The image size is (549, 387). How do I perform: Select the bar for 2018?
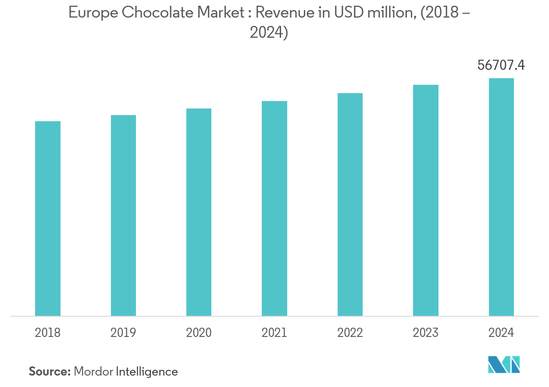click(48, 218)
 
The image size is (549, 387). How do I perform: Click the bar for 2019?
click(123, 215)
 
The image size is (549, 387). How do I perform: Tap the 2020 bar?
click(199, 212)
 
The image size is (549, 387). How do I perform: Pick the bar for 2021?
click(274, 208)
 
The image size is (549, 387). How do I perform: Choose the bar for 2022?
click(350, 204)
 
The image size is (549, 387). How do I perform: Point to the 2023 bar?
click(426, 200)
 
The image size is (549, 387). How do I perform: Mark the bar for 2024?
click(501, 197)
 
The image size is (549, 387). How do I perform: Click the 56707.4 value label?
click(501, 65)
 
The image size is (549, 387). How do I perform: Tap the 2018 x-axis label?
click(48, 333)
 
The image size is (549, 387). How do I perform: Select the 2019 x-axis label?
click(123, 333)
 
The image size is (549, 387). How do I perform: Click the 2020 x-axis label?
click(199, 333)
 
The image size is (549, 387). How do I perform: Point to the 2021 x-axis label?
click(274, 333)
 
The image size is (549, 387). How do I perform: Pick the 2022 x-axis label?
click(350, 333)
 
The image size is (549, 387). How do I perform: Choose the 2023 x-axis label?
click(426, 333)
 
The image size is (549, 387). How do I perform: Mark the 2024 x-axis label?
click(501, 333)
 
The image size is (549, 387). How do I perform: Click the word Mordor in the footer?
click(93, 372)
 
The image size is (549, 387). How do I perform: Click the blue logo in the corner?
click(504, 364)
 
